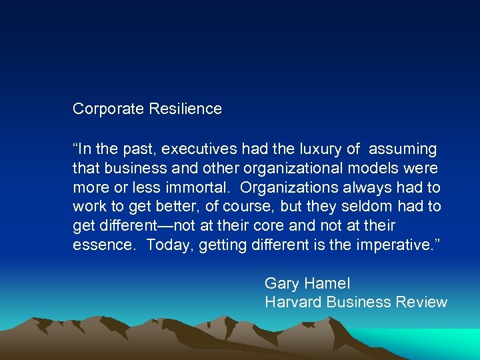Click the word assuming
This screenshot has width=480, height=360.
tap(402, 149)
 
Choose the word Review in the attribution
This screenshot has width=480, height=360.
tap(421, 302)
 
